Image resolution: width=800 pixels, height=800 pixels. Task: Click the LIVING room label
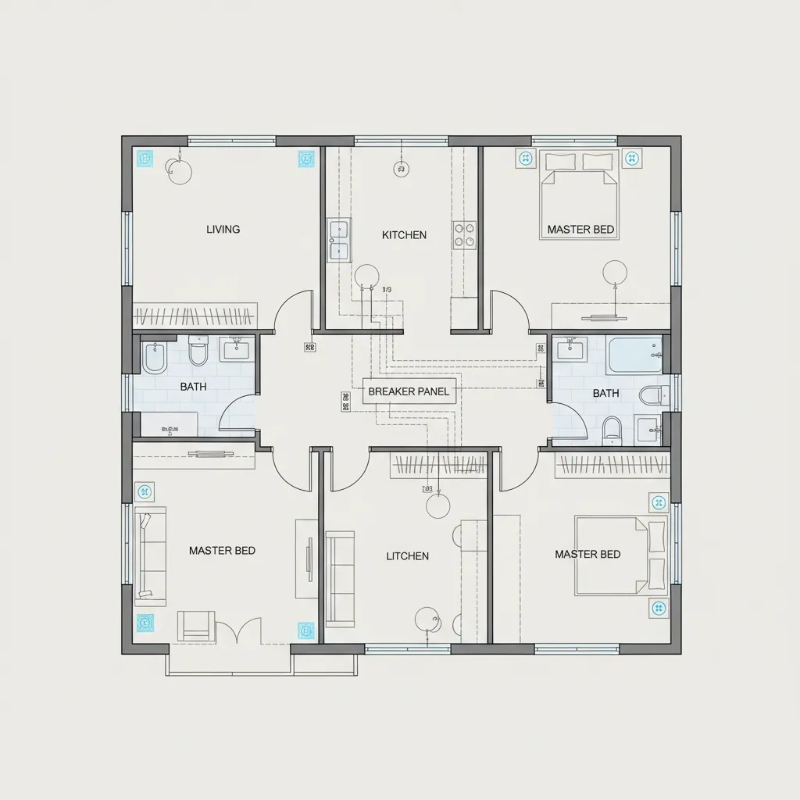pyautogui.click(x=223, y=230)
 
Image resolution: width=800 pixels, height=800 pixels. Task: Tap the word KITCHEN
pyautogui.click(x=404, y=234)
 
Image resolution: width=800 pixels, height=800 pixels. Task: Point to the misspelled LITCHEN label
pyautogui.click(x=407, y=556)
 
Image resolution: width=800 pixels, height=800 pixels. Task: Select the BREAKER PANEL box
pyautogui.click(x=409, y=391)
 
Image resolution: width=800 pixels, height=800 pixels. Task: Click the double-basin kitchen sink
pyautogui.click(x=339, y=240)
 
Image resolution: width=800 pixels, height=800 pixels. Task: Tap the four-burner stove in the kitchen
pyautogui.click(x=463, y=235)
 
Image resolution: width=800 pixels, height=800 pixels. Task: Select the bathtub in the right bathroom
pyautogui.click(x=634, y=355)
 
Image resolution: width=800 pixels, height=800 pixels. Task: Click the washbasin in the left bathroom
pyautogui.click(x=234, y=348)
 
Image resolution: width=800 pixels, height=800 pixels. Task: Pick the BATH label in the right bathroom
pyautogui.click(x=605, y=393)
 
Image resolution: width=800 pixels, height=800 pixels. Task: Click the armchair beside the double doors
pyautogui.click(x=195, y=625)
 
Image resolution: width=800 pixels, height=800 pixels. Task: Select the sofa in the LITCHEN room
pyautogui.click(x=340, y=578)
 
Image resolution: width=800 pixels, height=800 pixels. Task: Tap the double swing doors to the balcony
pyautogui.click(x=239, y=630)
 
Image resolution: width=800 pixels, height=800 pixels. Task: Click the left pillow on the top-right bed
pyautogui.click(x=560, y=162)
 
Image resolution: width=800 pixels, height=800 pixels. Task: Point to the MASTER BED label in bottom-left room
pyautogui.click(x=222, y=551)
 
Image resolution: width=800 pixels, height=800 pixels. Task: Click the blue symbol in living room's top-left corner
pyautogui.click(x=144, y=159)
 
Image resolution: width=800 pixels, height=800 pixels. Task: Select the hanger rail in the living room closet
pyautogui.click(x=195, y=316)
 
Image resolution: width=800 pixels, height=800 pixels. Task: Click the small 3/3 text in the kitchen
pyautogui.click(x=386, y=291)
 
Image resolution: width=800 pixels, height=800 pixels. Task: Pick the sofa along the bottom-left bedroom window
pyautogui.click(x=151, y=555)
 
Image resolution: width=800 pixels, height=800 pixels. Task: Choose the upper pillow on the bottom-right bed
pyautogui.click(x=656, y=536)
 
